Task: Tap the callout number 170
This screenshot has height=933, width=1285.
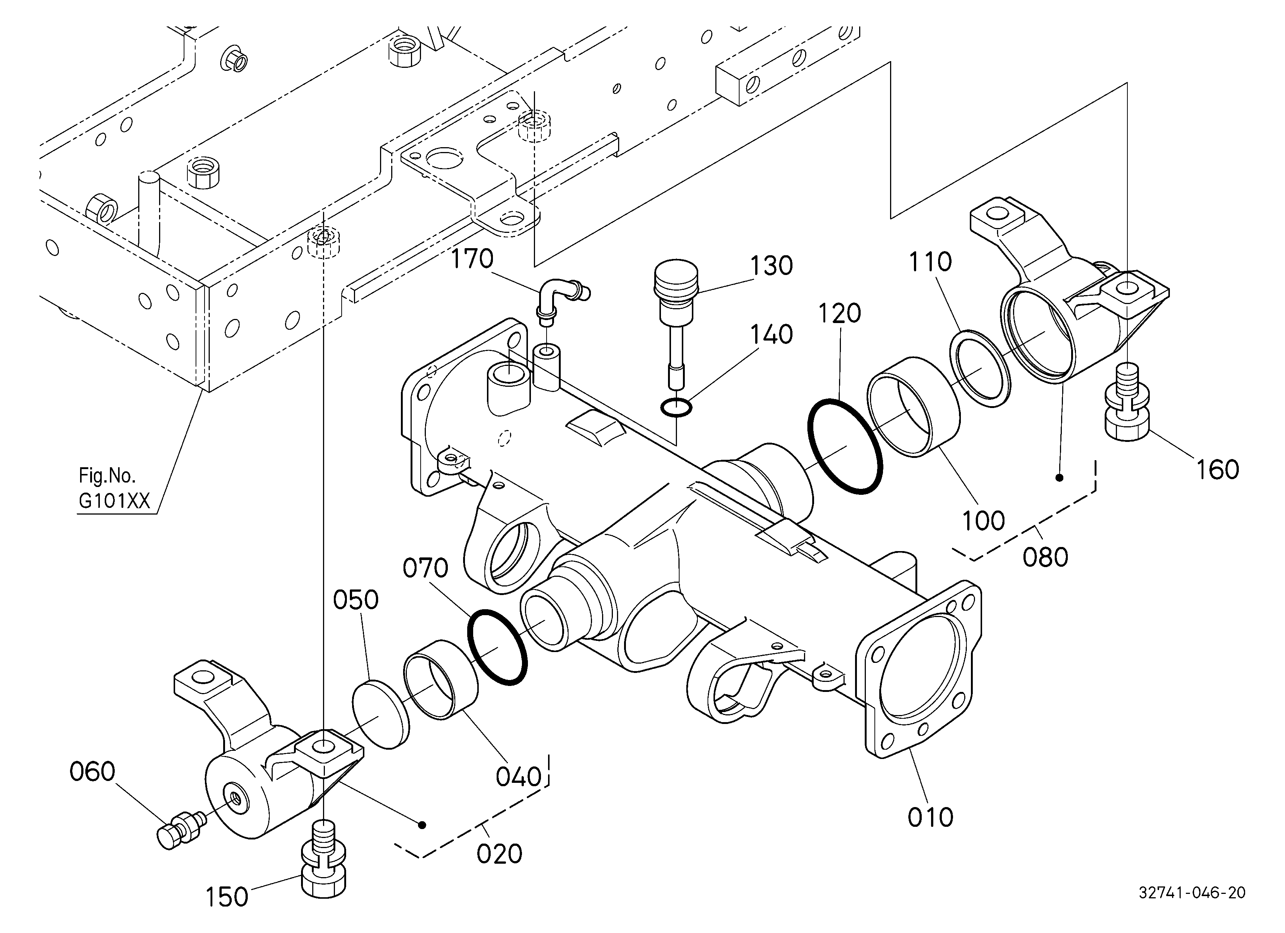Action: click(x=472, y=259)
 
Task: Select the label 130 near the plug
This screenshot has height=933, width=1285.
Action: click(x=771, y=266)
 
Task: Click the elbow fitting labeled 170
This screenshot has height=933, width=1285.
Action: click(x=561, y=300)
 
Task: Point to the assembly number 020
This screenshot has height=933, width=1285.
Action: click(x=499, y=854)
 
